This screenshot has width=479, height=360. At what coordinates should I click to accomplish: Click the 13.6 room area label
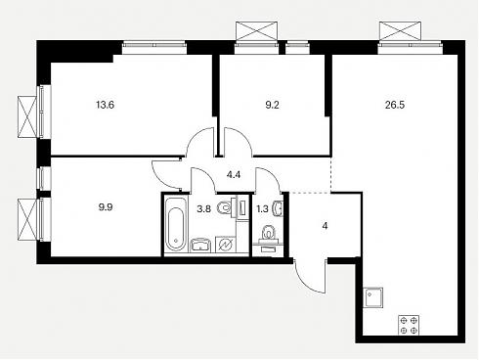click(x=106, y=106)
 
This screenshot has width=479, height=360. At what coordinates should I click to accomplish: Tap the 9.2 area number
click(x=272, y=106)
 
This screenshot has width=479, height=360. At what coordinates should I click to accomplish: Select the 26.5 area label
click(x=395, y=106)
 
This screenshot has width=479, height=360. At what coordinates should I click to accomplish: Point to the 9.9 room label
click(x=106, y=207)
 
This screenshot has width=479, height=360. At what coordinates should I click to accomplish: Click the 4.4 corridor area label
click(x=234, y=175)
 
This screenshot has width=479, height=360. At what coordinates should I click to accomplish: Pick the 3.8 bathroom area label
click(x=203, y=209)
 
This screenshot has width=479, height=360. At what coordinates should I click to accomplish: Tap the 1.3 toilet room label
click(x=262, y=209)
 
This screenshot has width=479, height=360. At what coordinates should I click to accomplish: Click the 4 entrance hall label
click(x=325, y=226)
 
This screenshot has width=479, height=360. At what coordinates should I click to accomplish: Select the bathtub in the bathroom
click(x=176, y=224)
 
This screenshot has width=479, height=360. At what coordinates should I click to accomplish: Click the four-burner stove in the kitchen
click(x=409, y=325)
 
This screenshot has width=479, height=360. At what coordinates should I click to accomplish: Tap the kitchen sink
click(x=373, y=297)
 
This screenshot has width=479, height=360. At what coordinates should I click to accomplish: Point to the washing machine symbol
click(x=226, y=245)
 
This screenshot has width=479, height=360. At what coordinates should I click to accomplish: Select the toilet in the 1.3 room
click(x=268, y=233)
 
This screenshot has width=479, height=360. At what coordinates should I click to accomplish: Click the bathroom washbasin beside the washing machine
click(x=200, y=245)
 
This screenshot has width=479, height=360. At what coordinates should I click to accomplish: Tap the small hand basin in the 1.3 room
click(x=278, y=208)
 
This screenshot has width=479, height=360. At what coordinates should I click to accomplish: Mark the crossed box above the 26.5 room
click(x=400, y=31)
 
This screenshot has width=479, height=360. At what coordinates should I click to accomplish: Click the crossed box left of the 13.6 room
click(x=27, y=117)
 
